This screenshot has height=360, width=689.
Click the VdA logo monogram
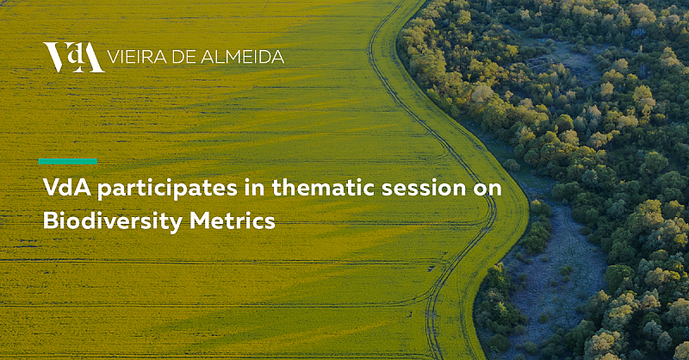74,57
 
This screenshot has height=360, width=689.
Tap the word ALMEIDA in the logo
242,57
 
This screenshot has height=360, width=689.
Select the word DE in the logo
183,57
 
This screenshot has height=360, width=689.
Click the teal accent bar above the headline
68,161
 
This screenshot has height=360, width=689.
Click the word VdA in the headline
67,188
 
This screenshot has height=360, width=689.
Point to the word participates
167,189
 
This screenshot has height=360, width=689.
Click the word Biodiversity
113,221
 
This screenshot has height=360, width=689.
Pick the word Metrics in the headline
233,220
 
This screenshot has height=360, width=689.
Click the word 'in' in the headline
255,188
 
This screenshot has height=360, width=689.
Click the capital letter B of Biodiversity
51,220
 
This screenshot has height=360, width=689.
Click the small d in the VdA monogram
75,53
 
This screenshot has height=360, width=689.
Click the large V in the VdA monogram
55,57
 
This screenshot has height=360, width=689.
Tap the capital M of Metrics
200,220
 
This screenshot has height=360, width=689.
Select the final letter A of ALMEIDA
277,57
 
